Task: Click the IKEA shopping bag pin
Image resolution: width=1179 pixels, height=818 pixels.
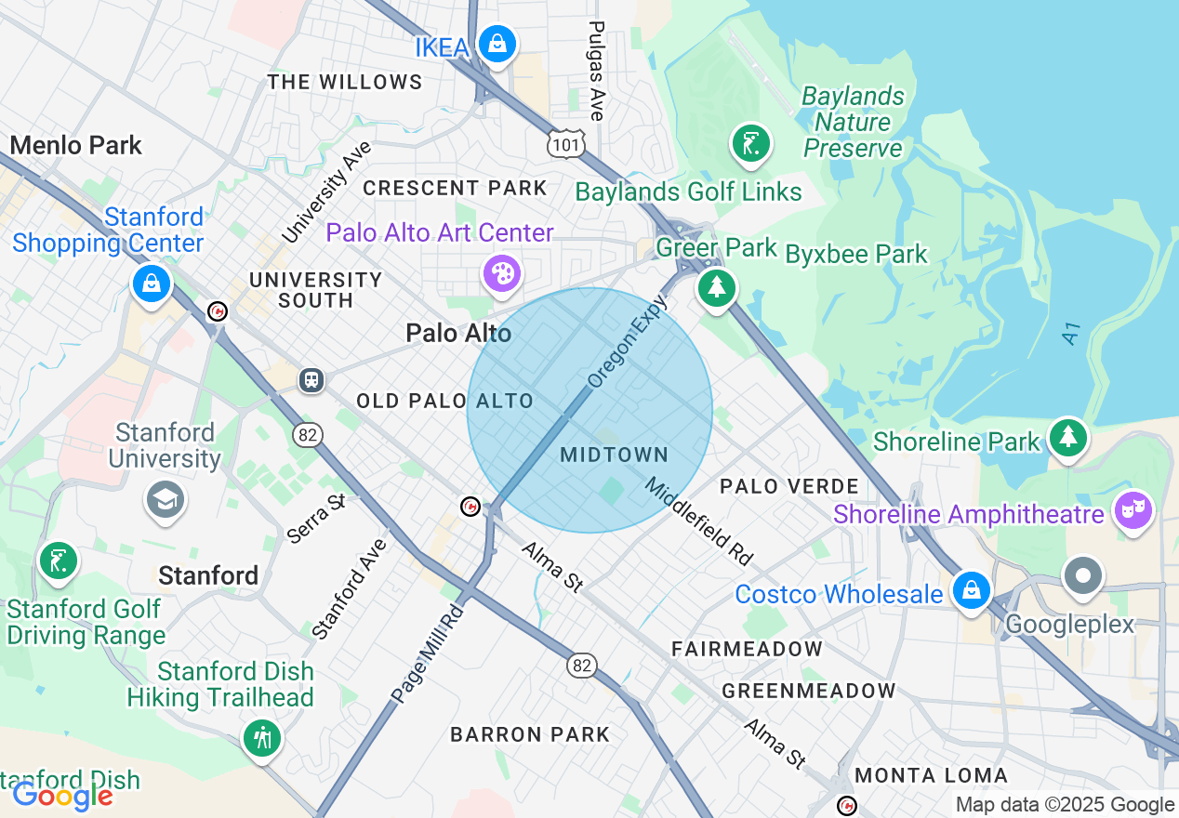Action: point(497,44)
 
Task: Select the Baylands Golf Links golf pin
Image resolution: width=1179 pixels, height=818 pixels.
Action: point(750,144)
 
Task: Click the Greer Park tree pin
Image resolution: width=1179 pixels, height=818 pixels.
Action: point(716,288)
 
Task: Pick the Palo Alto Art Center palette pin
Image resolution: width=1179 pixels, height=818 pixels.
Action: point(502,274)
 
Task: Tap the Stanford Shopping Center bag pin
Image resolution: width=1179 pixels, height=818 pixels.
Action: point(151,283)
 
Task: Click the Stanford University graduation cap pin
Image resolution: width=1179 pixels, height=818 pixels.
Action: point(165,500)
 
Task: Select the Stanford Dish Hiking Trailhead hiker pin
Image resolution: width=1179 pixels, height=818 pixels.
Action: point(262,738)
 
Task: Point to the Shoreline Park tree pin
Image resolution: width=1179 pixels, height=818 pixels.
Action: point(1068,437)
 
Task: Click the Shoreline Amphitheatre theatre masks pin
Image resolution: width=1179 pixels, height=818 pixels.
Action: point(1134,510)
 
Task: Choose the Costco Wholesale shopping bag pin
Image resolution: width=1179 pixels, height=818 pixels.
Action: point(971,590)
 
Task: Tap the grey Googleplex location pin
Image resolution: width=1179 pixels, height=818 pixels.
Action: point(1083,575)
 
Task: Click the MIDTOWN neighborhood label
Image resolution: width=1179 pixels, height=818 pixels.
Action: point(615,455)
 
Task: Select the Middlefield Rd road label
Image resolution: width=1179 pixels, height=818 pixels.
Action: point(698,521)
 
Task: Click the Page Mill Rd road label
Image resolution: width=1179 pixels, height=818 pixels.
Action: point(426,653)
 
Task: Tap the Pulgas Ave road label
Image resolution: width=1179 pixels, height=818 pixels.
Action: point(597,71)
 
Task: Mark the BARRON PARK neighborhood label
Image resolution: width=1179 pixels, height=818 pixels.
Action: point(530,734)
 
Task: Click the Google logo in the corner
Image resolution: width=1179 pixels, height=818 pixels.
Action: point(62,796)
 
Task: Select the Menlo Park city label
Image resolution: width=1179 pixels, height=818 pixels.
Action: point(76,145)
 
